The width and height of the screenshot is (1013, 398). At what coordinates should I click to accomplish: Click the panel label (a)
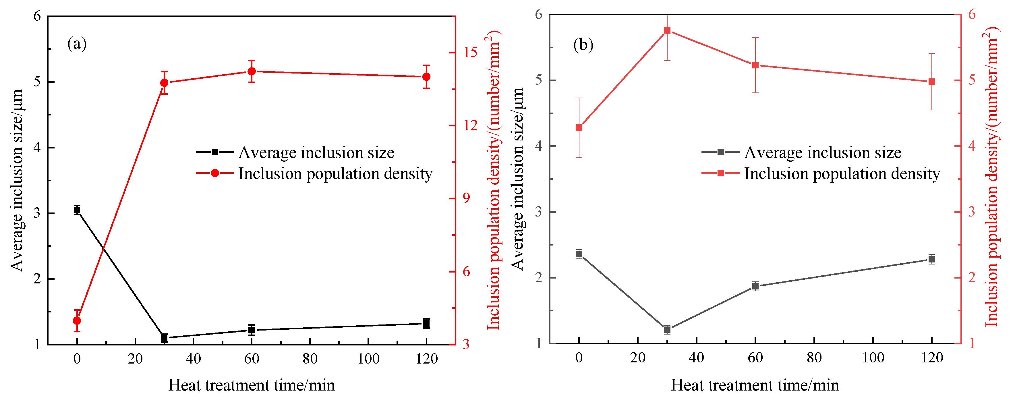77,44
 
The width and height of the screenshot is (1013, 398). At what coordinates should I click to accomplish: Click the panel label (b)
583,45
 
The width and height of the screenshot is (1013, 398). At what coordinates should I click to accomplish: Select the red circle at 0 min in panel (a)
77,320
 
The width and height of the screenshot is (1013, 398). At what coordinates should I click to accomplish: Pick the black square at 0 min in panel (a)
77,210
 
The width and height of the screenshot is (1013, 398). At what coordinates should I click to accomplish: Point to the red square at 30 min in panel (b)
667,30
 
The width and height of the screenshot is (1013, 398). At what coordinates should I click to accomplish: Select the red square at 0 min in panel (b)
579,128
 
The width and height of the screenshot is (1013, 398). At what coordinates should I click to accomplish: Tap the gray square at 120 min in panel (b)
931,259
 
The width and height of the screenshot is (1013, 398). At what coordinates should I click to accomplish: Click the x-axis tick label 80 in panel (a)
310,359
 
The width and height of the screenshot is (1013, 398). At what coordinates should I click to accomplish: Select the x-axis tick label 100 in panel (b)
873,358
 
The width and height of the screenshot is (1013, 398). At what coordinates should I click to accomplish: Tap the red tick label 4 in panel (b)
972,146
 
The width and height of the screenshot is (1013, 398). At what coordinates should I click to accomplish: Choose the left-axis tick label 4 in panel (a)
37,148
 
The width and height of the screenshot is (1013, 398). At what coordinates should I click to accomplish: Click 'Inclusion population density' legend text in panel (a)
335,174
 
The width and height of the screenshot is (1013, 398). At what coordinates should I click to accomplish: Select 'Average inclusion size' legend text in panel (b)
822,152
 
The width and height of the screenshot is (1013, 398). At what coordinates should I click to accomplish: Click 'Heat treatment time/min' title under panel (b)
755,385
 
